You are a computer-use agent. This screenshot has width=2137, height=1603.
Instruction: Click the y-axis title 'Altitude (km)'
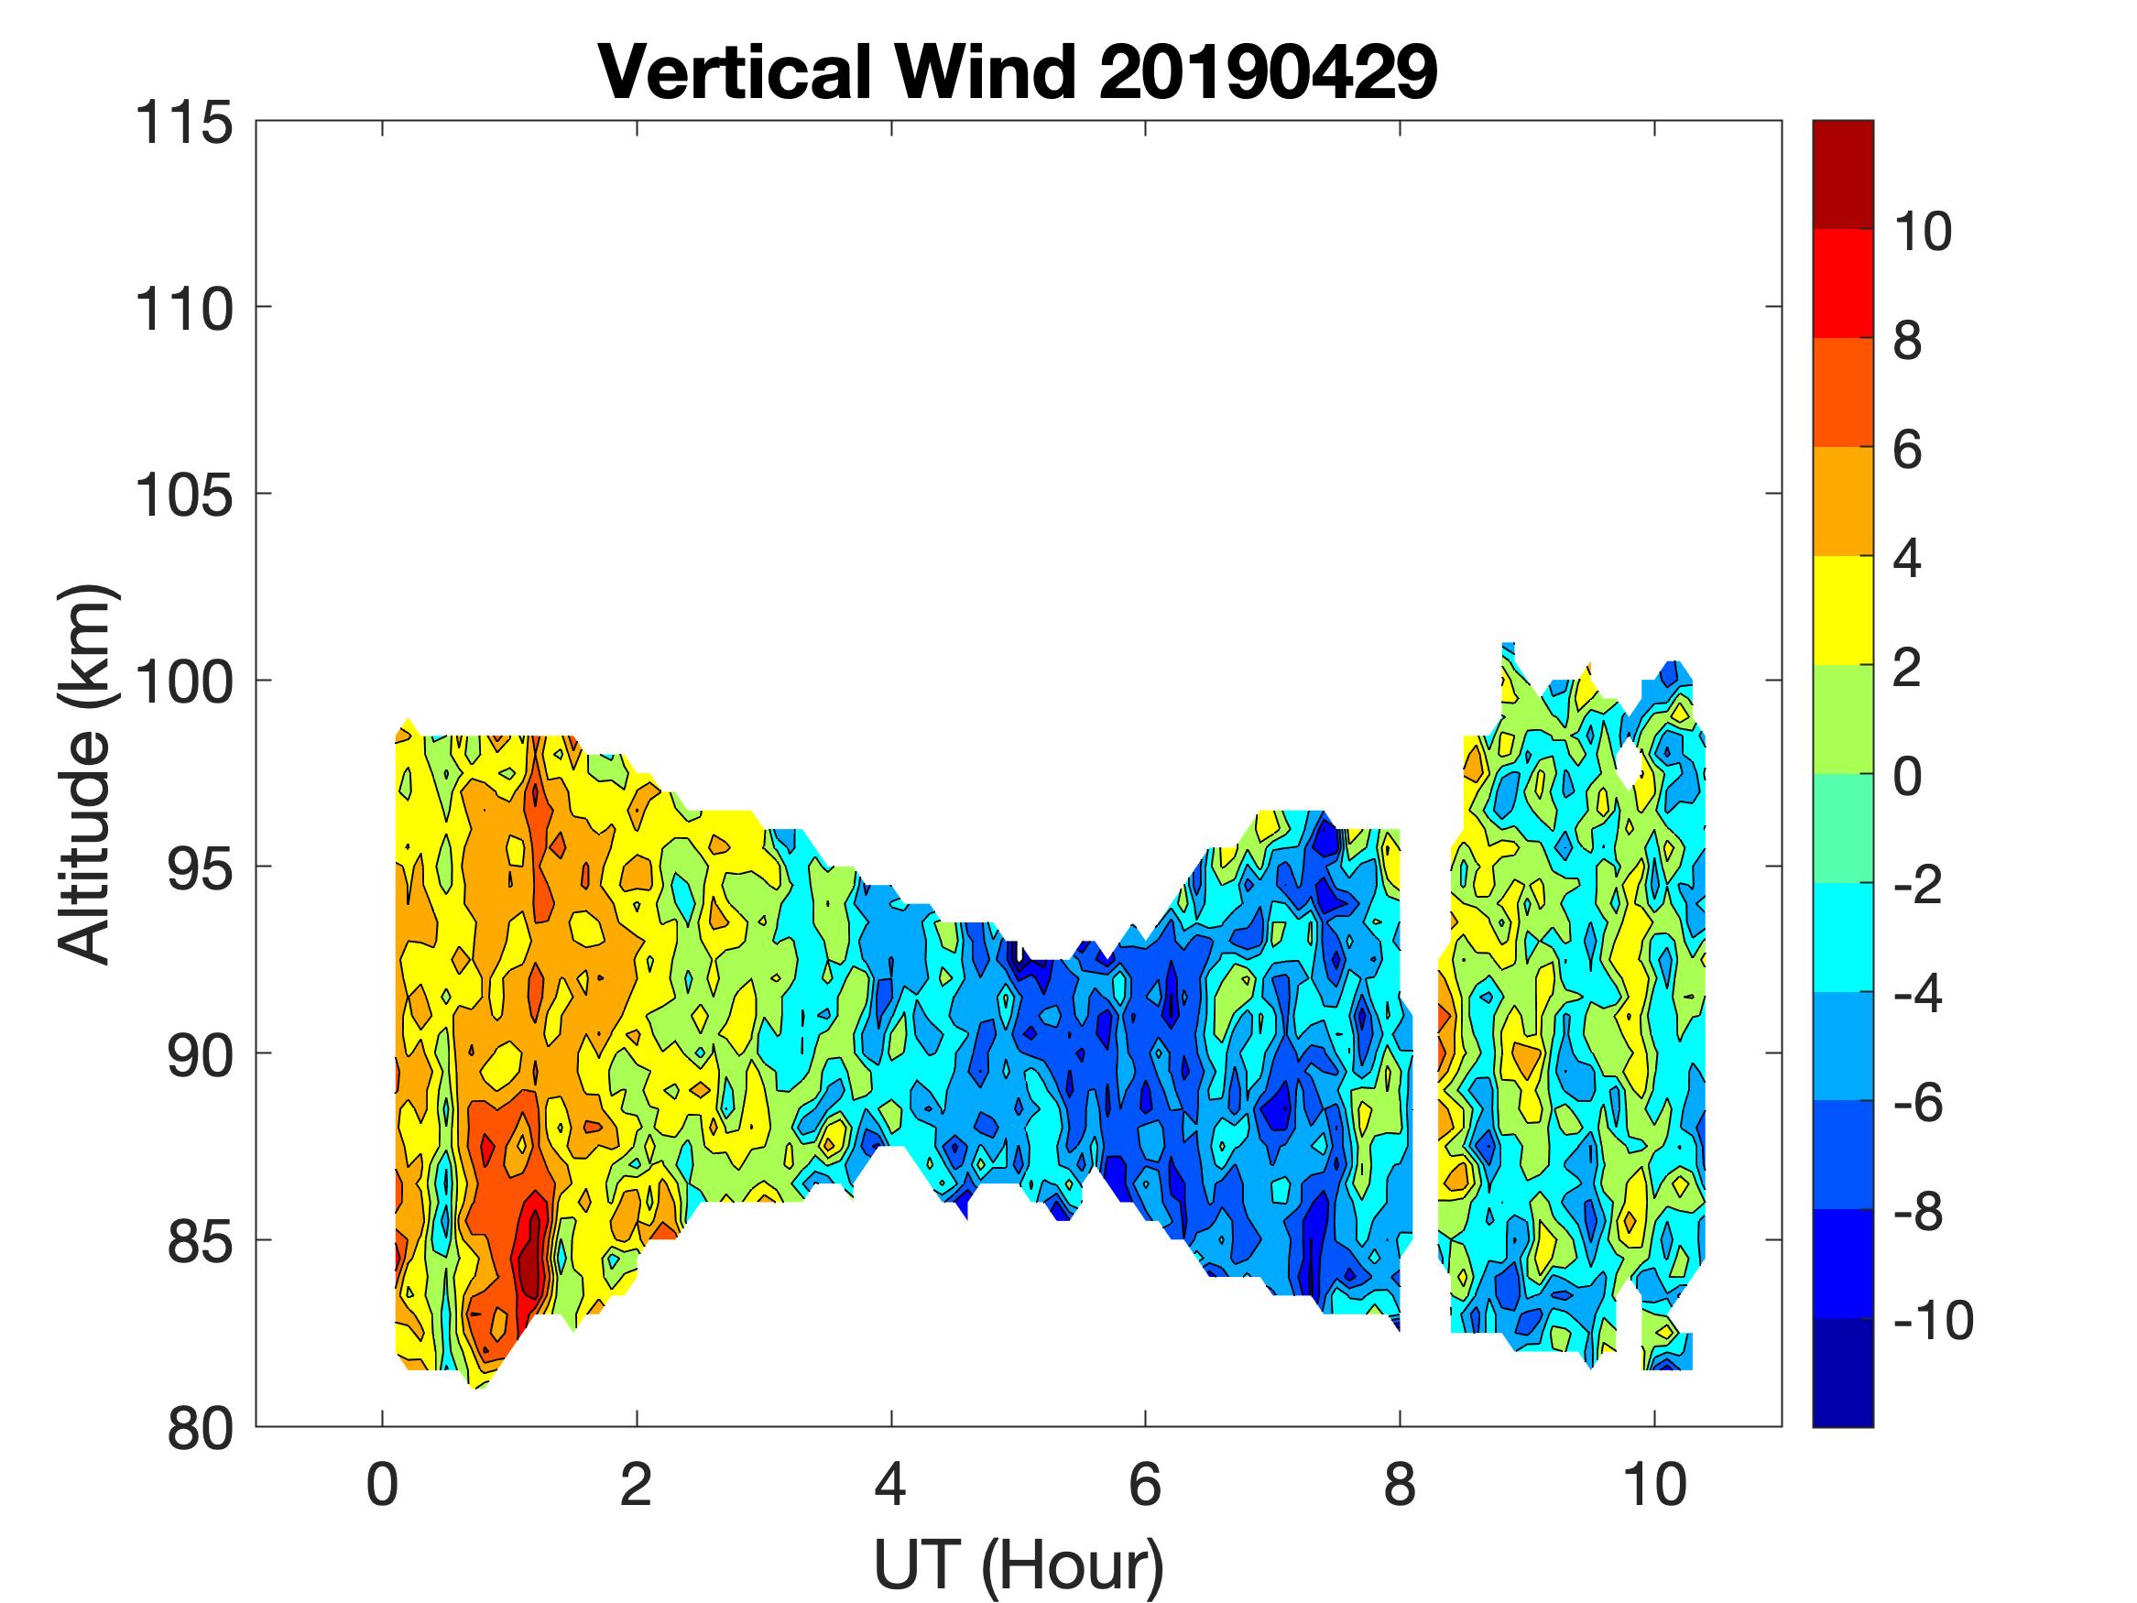(86, 774)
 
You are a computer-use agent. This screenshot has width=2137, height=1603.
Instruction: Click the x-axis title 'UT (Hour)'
(1019, 1565)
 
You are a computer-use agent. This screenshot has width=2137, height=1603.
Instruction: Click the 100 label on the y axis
(183, 682)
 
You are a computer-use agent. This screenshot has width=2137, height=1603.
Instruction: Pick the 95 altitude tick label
(198, 868)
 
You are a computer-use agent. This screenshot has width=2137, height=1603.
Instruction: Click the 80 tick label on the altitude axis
(198, 1428)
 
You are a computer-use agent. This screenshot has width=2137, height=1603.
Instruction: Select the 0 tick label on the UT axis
(383, 1485)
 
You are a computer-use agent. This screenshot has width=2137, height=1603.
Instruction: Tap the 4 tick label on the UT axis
(890, 1485)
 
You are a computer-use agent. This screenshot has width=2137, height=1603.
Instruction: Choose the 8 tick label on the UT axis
(1400, 1485)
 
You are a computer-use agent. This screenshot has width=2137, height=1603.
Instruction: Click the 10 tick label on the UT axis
(1654, 1485)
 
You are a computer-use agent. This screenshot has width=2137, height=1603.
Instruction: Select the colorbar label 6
(1907, 451)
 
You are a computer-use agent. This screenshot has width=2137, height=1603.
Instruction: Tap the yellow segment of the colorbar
(1842, 611)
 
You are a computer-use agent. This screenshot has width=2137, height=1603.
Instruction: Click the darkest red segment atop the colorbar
(1842, 174)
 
